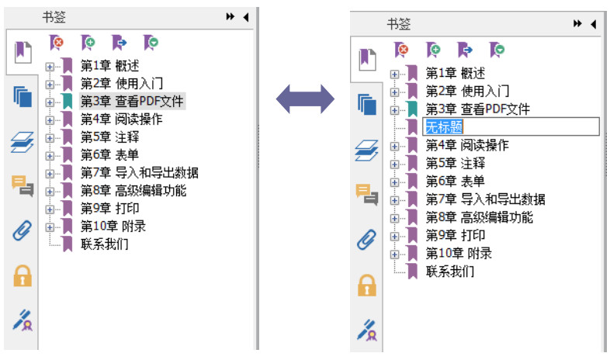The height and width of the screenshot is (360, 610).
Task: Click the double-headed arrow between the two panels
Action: click(x=305, y=98)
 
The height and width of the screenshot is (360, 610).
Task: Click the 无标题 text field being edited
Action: click(x=510, y=127)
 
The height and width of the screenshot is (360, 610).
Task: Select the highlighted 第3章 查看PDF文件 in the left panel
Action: click(x=133, y=101)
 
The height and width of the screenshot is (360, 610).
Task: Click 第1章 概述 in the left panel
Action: click(x=109, y=64)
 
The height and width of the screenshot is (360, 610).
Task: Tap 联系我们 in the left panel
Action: click(x=104, y=244)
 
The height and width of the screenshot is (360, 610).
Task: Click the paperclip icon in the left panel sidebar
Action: click(x=22, y=230)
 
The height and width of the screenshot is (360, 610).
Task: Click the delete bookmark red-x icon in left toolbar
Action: click(x=57, y=42)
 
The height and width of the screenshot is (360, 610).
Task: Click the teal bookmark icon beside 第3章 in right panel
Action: click(x=412, y=109)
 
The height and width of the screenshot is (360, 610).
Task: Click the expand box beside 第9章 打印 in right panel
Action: click(x=395, y=236)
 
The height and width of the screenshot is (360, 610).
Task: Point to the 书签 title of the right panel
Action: click(x=399, y=24)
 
